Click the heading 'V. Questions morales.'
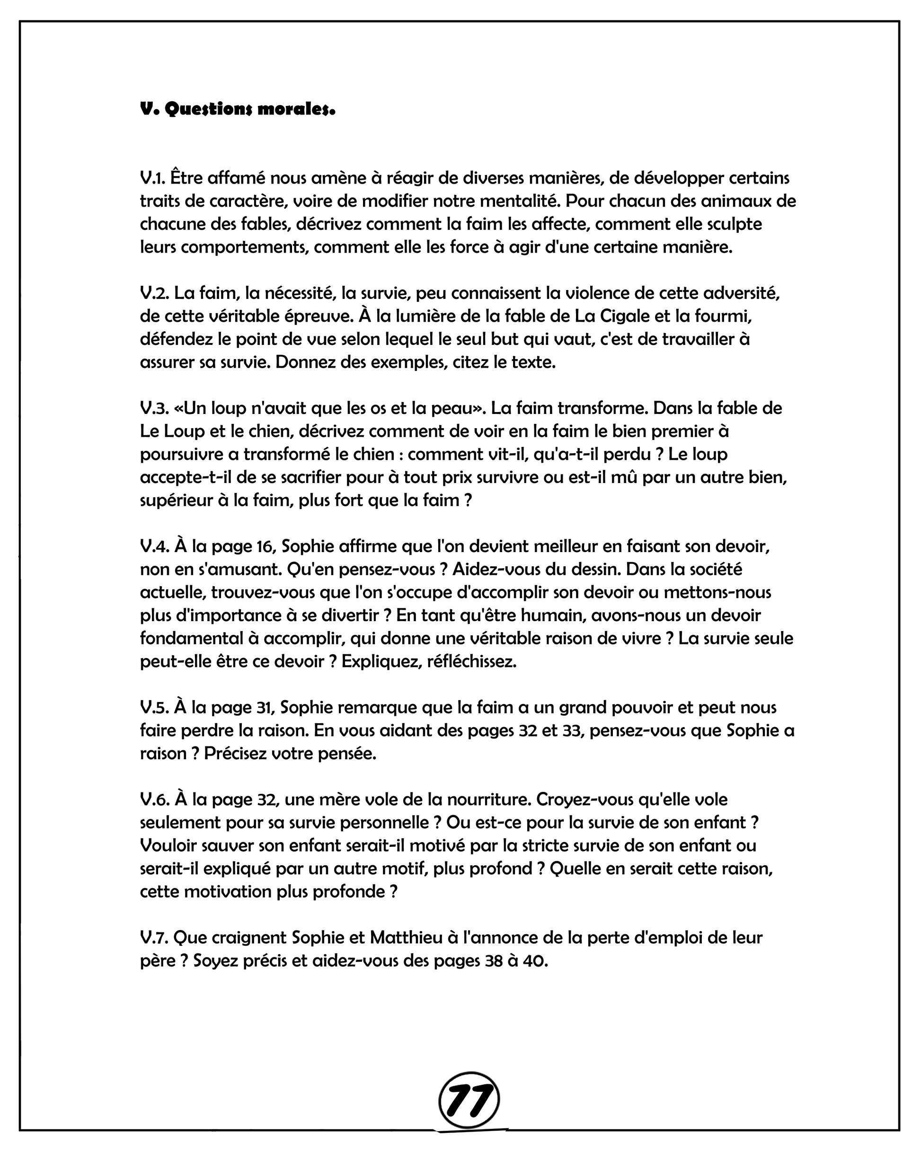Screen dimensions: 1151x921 point(237,109)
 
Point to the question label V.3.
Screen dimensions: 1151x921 point(154,408)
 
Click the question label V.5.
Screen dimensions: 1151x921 point(154,708)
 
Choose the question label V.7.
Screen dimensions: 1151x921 point(154,938)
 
